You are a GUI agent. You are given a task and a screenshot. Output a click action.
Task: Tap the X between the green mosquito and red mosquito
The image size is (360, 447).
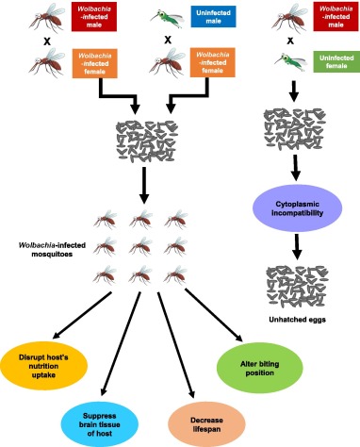pyautogui.click(x=167, y=40)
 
